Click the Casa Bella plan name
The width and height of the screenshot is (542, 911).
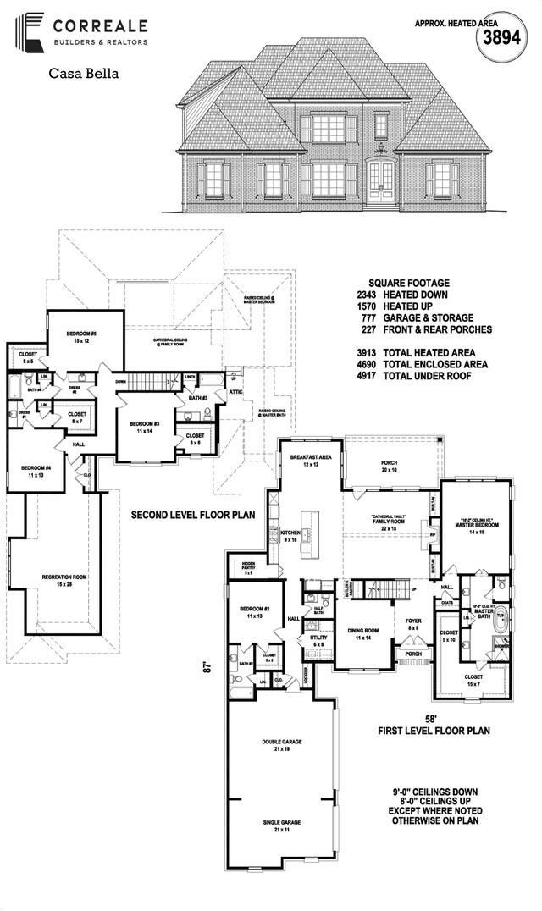pyautogui.click(x=83, y=74)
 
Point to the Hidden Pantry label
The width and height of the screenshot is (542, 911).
pyautogui.click(x=248, y=566)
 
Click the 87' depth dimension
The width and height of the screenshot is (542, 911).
pyautogui.click(x=205, y=666)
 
